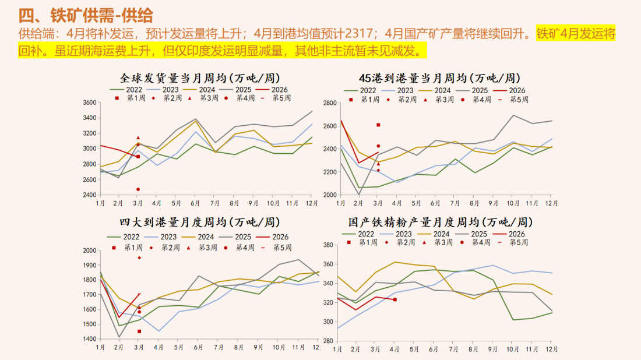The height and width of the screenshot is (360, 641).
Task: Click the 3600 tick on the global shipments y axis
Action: point(89,103)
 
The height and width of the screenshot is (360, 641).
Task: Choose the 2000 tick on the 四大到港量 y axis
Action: point(89,250)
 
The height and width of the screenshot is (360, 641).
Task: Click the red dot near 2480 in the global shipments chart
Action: point(138,189)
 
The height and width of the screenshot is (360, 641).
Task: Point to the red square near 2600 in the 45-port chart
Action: point(378,125)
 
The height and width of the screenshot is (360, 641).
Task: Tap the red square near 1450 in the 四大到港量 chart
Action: point(139,331)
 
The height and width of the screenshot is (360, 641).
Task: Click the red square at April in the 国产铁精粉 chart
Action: point(395,299)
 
